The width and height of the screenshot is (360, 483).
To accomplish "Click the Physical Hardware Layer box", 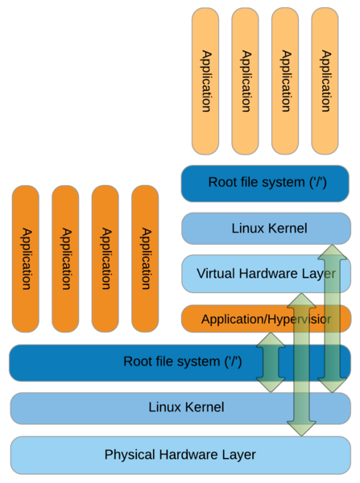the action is tap(180, 455).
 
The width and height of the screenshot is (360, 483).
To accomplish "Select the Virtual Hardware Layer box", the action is tap(267, 274).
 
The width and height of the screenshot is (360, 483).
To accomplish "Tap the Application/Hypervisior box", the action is tap(267, 319).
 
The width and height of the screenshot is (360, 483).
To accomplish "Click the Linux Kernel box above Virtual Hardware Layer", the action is tap(267, 229).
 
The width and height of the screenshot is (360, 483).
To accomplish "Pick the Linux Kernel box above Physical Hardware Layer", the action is tap(180, 408).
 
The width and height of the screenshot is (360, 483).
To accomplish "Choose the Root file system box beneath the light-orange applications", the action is tap(265, 184).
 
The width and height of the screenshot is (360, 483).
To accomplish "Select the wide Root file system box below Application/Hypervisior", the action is tap(180, 362).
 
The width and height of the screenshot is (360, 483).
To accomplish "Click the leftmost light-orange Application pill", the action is tap(205, 81).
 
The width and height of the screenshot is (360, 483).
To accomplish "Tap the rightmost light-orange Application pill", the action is tap(325, 81).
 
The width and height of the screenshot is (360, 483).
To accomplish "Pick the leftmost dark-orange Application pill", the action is tap(26, 258).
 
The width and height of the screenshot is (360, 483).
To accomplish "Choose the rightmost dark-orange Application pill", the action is tap(145, 258).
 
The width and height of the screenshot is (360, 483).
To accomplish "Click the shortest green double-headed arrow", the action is tap(271, 362).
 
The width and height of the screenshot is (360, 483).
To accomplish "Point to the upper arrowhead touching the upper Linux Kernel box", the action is tap(333, 252).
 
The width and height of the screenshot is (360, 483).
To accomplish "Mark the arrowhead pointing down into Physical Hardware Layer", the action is tap(301, 429).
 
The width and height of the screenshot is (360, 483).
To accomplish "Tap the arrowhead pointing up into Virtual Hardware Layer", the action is tap(301, 300).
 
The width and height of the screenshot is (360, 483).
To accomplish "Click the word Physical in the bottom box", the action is tap(130, 455).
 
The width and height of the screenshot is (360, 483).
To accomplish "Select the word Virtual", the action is tap(216, 274).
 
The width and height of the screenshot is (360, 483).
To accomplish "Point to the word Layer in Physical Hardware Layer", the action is tap(238, 456).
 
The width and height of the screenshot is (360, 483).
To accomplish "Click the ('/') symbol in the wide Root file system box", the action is tap(233, 361).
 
